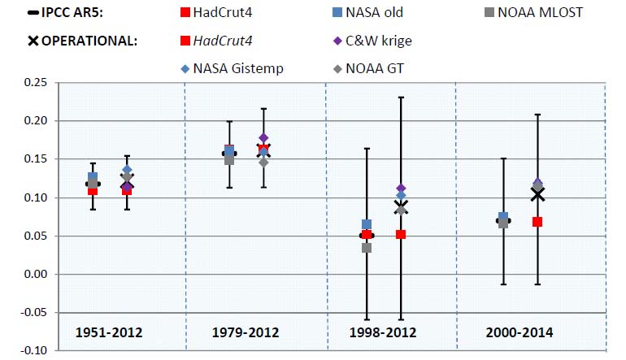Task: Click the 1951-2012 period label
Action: tap(110, 333)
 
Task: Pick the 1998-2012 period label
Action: tap(384, 333)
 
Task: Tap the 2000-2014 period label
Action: tap(520, 333)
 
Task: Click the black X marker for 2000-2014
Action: tap(537, 194)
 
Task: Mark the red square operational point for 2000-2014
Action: tap(537, 222)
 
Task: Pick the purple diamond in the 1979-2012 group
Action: tap(263, 138)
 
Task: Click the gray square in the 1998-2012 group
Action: tap(367, 248)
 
